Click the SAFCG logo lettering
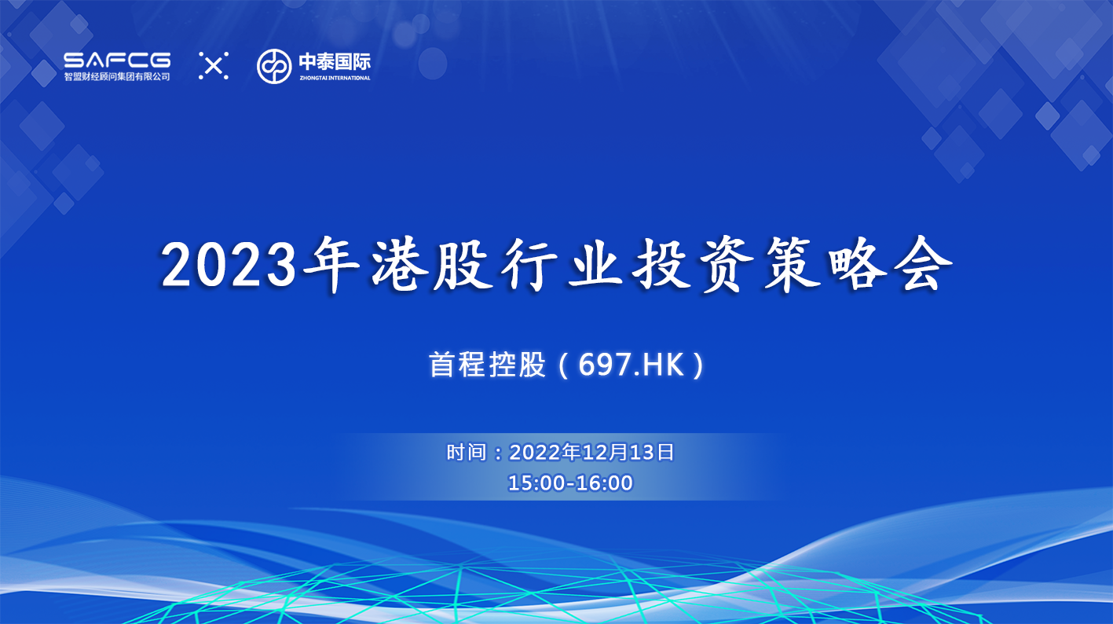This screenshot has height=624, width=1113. coord(117,61)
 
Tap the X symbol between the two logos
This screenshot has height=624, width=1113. coord(214,66)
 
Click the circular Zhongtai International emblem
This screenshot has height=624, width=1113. coord(274,66)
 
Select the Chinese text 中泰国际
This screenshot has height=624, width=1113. coord(335,61)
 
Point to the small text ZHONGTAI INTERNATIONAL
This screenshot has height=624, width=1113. coord(335,78)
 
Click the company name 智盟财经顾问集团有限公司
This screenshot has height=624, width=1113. coord(117,76)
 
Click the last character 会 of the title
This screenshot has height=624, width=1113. coord(922,265)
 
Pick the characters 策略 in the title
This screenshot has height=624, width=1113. coord(824,265)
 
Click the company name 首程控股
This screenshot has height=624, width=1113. coord(487,365)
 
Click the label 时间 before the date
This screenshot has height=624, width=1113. coord(466,453)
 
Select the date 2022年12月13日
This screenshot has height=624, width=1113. coord(591,453)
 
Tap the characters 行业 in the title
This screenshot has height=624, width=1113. coord(562,265)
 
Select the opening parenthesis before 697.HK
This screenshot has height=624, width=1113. coord(563,365)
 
